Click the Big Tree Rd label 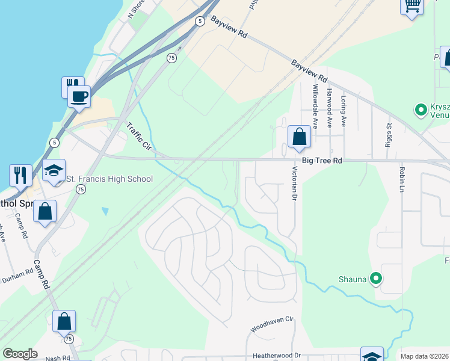[x=321, y=161]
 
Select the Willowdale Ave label [x=315, y=106]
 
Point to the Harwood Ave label [x=329, y=108]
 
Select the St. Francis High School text [x=109, y=179]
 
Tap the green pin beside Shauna [x=376, y=278]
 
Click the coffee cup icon [x=79, y=96]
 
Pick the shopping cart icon [x=411, y=6]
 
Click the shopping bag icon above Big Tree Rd [x=299, y=137]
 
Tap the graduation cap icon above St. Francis [x=54, y=171]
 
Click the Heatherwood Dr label [x=277, y=356]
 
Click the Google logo [x=20, y=354]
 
